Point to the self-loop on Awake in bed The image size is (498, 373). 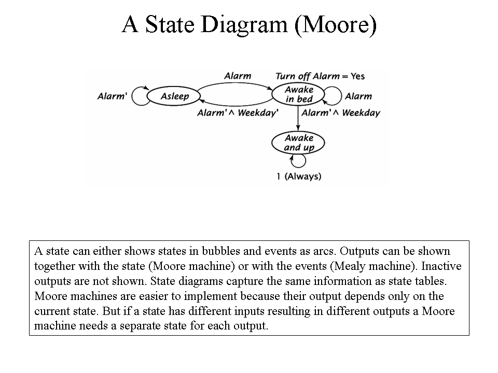(341, 96)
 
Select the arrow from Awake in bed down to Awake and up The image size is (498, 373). (298, 118)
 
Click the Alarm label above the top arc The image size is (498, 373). (238, 76)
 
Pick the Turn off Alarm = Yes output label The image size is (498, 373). (320, 77)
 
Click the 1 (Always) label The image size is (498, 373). (299, 176)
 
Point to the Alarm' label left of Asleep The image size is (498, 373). (112, 96)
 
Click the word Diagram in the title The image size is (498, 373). (244, 25)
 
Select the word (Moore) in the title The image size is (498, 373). (336, 25)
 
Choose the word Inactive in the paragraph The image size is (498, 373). (441, 266)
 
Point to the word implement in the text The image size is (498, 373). (210, 296)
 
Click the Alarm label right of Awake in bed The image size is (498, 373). (358, 96)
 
